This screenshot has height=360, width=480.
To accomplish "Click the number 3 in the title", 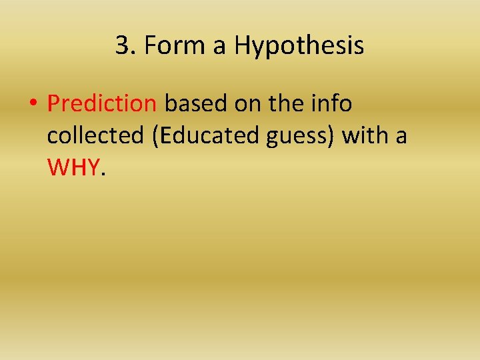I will pos(121,46).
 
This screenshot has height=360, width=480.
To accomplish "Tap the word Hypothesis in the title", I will pos(299,46).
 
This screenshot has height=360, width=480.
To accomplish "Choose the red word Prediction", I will pos(102,104).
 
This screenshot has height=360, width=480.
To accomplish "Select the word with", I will pos(365,136).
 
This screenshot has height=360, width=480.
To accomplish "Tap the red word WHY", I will pos(73,168).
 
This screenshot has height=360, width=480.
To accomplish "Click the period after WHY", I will pos(103,175).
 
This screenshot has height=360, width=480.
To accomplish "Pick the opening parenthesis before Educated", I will pos(155,137).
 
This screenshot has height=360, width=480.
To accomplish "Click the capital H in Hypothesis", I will pos(242,46).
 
